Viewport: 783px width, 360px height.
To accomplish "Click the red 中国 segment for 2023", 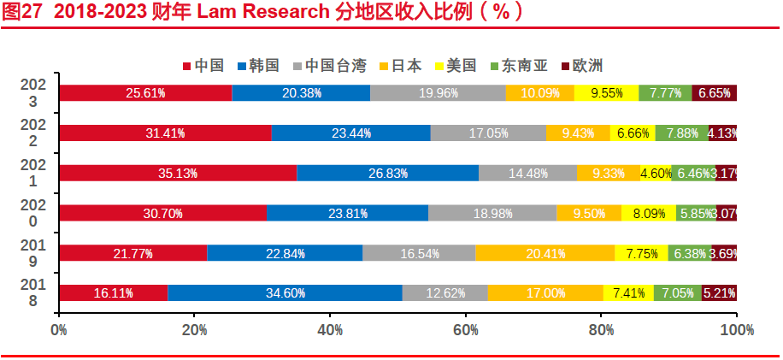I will pyautogui.click(x=145, y=93).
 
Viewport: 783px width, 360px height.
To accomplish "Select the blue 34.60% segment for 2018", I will pyautogui.click(x=285, y=293).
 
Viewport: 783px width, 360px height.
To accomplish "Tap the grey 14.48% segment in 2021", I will pyautogui.click(x=527, y=173).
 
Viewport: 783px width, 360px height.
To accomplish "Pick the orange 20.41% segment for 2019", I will pyautogui.click(x=545, y=253).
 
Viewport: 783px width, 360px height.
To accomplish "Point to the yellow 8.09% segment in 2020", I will pyautogui.click(x=649, y=213).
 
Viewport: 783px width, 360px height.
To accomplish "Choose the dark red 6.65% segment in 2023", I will pyautogui.click(x=714, y=93).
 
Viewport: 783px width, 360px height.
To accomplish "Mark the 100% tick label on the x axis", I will pyautogui.click(x=736, y=328).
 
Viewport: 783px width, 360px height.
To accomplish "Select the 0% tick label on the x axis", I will pyautogui.click(x=59, y=328).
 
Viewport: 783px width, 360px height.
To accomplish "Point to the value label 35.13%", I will pyautogui.click(x=178, y=174).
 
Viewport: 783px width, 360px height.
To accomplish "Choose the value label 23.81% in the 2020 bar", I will pyautogui.click(x=347, y=214).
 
